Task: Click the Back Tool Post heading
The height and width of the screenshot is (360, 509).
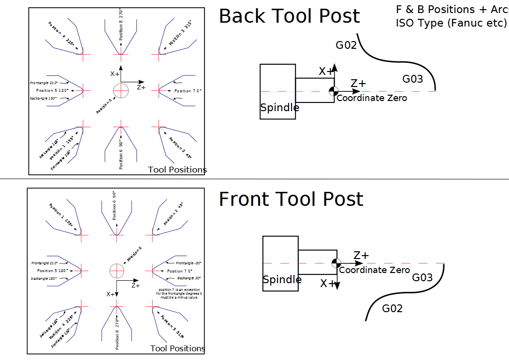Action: click(x=289, y=16)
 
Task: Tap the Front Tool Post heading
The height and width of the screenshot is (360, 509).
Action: click(x=291, y=199)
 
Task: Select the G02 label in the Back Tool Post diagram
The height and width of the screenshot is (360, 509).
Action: click(x=346, y=45)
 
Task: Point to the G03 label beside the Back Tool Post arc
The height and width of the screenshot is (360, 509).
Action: click(x=412, y=79)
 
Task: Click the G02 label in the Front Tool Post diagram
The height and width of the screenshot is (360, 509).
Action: click(x=392, y=308)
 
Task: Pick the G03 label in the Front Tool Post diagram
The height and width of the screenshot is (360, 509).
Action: click(x=422, y=277)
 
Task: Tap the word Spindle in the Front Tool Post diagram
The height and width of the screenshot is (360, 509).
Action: click(x=282, y=280)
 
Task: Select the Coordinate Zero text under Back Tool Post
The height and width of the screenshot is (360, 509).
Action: click(x=372, y=98)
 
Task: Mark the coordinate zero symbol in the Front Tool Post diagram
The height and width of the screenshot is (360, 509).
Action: click(x=336, y=263)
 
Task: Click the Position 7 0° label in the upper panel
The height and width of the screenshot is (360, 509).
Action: click(x=188, y=91)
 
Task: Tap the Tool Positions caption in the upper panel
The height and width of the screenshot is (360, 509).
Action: click(x=177, y=170)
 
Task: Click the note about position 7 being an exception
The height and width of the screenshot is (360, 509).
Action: click(x=179, y=293)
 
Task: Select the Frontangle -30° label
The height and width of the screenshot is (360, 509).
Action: click(x=188, y=263)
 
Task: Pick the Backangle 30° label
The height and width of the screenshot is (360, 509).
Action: click(x=189, y=278)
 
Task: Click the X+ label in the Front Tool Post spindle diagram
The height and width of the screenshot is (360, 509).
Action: click(x=328, y=284)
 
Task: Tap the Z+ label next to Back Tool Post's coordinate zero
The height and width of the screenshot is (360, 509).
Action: click(x=358, y=84)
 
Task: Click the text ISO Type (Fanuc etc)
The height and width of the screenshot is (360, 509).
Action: click(x=451, y=23)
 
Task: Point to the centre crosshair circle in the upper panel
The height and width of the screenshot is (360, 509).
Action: click(x=120, y=90)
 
